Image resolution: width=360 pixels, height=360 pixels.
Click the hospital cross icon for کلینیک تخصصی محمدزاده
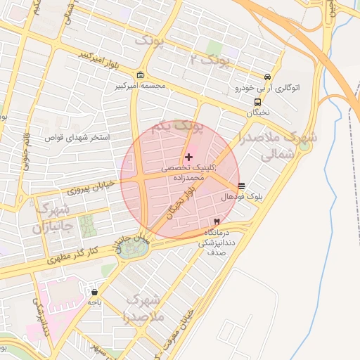(x=188, y=156)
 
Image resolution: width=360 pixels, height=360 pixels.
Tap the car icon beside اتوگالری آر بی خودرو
(x=267, y=77)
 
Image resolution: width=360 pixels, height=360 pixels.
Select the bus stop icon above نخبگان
(x=257, y=101)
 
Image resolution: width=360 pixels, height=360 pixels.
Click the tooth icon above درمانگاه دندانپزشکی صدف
(x=216, y=221)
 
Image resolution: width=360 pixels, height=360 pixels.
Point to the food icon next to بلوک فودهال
(x=242, y=187)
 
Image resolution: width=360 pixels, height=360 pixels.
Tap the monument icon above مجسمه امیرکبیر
(x=141, y=76)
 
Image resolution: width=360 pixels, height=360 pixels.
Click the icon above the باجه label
(x=95, y=292)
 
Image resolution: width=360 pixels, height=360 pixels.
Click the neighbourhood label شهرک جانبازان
(x=51, y=219)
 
